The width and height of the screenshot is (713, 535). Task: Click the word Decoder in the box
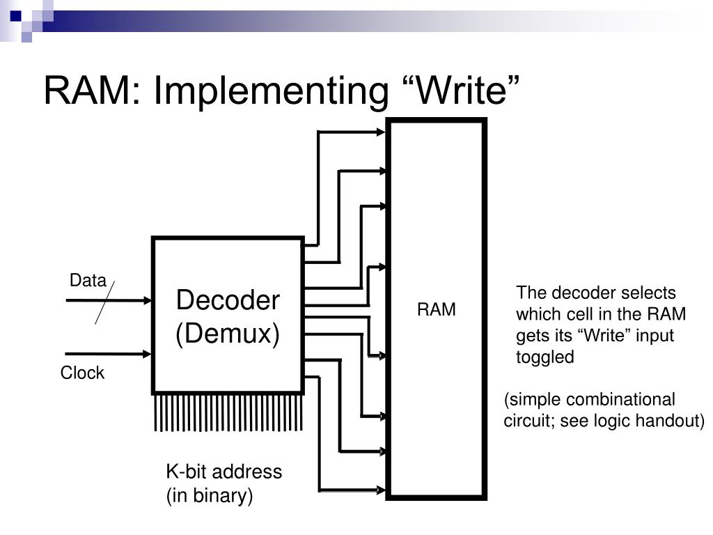pos(228,300)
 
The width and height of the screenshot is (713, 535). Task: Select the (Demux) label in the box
pos(228,334)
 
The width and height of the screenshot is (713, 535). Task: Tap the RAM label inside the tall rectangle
pos(436,309)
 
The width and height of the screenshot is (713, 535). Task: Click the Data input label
pos(88,280)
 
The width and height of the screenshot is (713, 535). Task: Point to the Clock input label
pos(82,373)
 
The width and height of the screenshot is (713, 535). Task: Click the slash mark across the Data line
pos(104,302)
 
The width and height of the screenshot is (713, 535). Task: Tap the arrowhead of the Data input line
pos(148,300)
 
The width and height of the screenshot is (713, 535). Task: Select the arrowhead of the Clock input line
pos(148,354)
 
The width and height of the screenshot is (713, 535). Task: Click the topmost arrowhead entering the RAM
pos(381,132)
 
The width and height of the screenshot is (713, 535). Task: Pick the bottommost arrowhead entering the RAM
pos(381,490)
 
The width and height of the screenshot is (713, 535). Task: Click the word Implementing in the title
pos(271,91)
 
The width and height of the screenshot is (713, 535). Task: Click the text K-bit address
pos(224,472)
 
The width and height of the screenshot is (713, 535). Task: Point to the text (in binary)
pos(210,495)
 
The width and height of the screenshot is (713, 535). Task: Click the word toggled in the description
pos(544,357)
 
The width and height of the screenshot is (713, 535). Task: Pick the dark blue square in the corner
pos(16,17)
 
